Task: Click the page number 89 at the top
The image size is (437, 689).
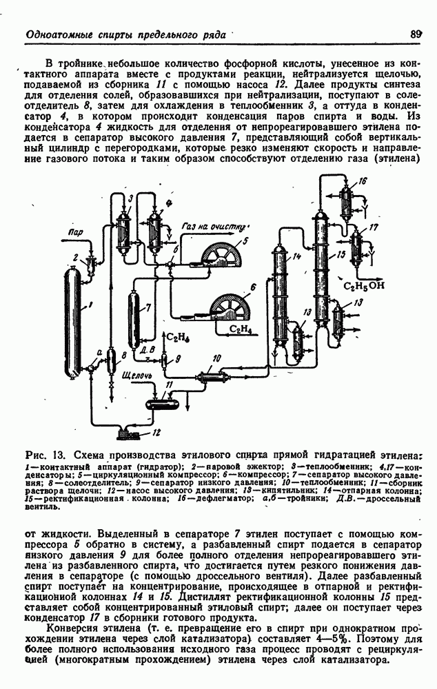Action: tap(415, 33)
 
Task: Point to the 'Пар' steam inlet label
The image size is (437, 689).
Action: tap(76, 233)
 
